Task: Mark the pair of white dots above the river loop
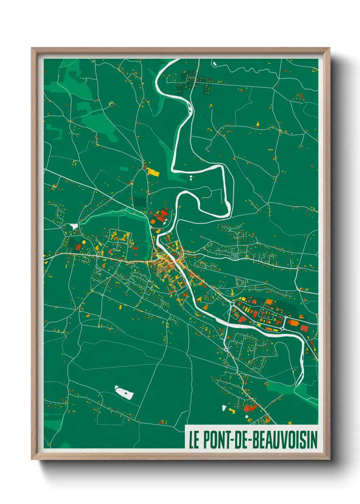coord(191,177)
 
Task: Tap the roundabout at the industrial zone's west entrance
coord(232,304)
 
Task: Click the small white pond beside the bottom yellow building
coord(224,407)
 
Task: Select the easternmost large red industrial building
coord(304,328)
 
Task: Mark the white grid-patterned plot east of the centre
coord(234,255)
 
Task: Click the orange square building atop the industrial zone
coord(269,302)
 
